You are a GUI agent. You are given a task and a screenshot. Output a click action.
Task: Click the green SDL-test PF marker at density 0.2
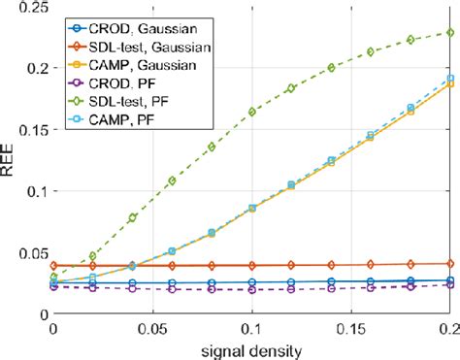[449, 32]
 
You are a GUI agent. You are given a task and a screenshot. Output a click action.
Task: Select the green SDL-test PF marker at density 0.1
[252, 112]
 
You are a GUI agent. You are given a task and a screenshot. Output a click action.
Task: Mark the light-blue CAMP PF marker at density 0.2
[449, 79]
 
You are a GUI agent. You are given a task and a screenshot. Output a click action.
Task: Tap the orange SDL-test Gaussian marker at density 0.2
[449, 263]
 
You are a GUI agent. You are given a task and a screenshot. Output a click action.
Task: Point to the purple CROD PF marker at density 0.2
[449, 284]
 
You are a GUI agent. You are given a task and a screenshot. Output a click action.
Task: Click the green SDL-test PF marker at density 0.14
[331, 67]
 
